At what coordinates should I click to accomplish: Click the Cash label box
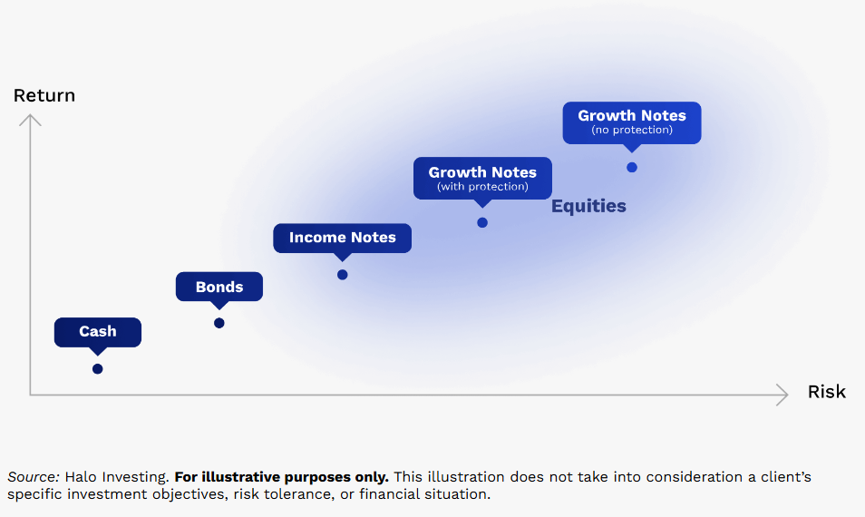tap(98, 332)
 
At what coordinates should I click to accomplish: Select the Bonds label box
tap(219, 287)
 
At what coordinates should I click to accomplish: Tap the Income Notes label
tap(342, 238)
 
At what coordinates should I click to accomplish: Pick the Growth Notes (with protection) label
tap(482, 178)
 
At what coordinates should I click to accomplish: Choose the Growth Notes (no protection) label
tap(632, 122)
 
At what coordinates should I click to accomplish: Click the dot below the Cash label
tap(98, 369)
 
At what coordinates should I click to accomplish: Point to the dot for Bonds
tap(219, 323)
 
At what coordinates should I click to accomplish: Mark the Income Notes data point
tap(343, 275)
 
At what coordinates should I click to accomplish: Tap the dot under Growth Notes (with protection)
tap(482, 223)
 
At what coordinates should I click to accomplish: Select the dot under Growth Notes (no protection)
tap(632, 167)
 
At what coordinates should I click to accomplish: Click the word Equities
tap(588, 206)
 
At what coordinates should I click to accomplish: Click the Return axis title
tap(44, 95)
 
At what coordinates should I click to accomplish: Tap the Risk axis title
tap(826, 392)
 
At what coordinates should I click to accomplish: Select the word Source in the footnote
tap(34, 477)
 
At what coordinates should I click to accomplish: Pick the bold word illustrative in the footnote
tap(238, 477)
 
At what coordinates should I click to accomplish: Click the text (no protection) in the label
tap(632, 131)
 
